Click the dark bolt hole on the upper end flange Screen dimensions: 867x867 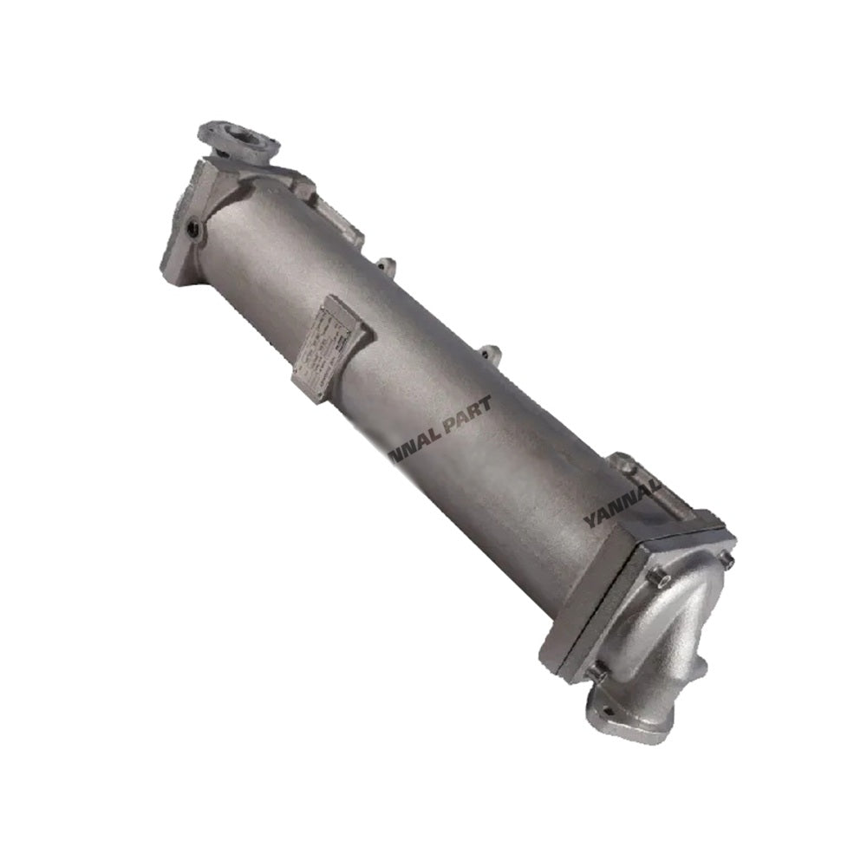(x=192, y=229)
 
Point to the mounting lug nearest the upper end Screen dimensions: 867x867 (x=388, y=264)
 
